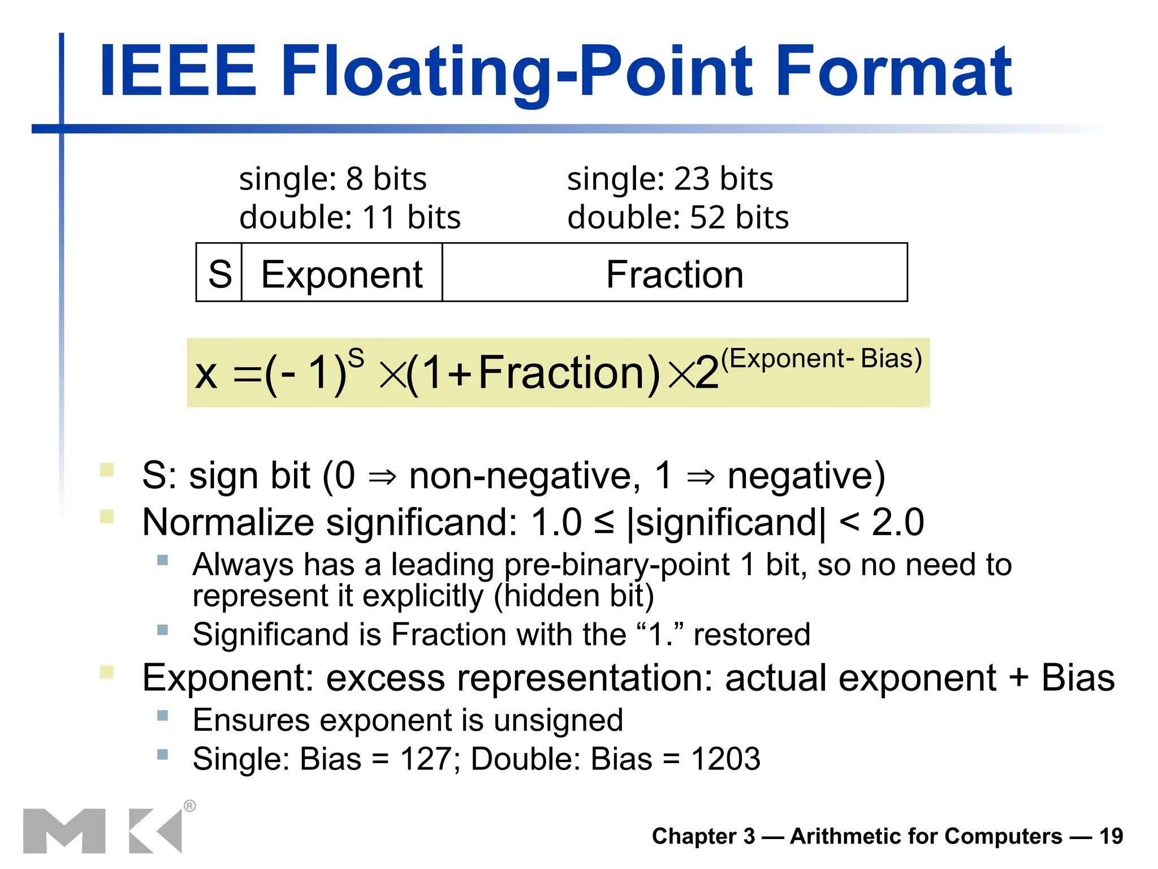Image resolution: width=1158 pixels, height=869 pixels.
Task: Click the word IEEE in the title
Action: pyautogui.click(x=178, y=72)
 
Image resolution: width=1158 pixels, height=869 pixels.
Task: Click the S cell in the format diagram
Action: pyautogui.click(x=219, y=274)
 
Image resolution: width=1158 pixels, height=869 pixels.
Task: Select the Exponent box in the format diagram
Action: pyautogui.click(x=342, y=274)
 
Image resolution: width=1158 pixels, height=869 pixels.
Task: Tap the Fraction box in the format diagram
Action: pyautogui.click(x=674, y=274)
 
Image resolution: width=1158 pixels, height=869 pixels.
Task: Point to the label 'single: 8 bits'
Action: pyautogui.click(x=332, y=179)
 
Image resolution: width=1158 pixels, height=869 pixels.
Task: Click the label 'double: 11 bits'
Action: pyautogui.click(x=349, y=217)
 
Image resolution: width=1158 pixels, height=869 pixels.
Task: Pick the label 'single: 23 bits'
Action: pyautogui.click(x=669, y=179)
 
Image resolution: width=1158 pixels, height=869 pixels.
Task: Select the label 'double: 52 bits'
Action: pyautogui.click(x=677, y=217)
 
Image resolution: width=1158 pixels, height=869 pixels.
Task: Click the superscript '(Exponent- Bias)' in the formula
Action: pyautogui.click(x=821, y=358)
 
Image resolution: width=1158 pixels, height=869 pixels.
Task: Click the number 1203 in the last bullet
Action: pyautogui.click(x=725, y=759)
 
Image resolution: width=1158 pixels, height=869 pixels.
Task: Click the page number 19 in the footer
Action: pyautogui.click(x=1111, y=836)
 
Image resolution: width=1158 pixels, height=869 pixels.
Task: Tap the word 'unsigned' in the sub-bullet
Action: pyautogui.click(x=558, y=720)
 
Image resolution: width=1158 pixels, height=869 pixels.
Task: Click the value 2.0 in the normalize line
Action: pyautogui.click(x=897, y=522)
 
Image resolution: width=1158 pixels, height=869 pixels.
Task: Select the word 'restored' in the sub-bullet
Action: pyautogui.click(x=751, y=634)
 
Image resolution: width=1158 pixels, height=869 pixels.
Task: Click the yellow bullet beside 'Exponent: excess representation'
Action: pyautogui.click(x=106, y=672)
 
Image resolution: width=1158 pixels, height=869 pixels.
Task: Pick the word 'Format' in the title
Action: pyautogui.click(x=893, y=72)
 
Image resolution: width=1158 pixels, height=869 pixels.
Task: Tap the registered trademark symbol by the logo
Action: pyautogui.click(x=190, y=806)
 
